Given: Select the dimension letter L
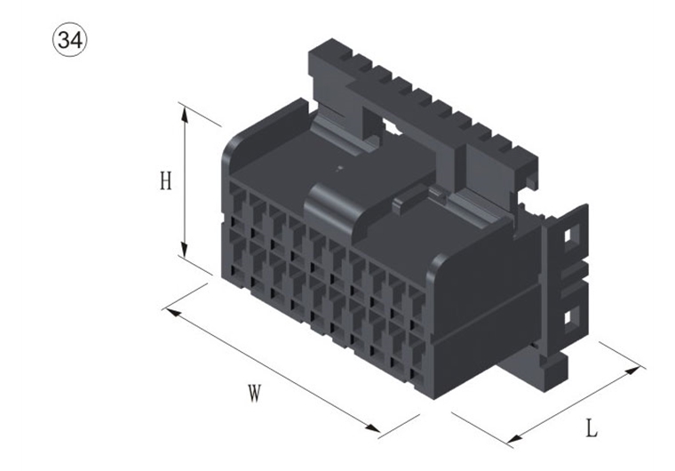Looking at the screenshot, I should (x=591, y=427).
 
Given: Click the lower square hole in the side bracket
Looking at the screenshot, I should (x=569, y=315).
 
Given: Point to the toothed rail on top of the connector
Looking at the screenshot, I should (x=417, y=98).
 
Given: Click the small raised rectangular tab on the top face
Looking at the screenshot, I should (x=407, y=203).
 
